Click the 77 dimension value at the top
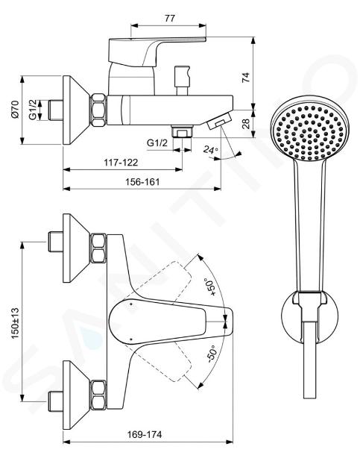tap(169, 19)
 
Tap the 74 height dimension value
tap(246, 78)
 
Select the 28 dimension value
tap(246, 124)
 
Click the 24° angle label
tap(210, 149)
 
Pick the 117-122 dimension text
tap(121, 163)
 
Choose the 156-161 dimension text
tap(142, 181)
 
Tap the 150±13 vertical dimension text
tap(15, 323)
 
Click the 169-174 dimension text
tap(145, 434)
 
